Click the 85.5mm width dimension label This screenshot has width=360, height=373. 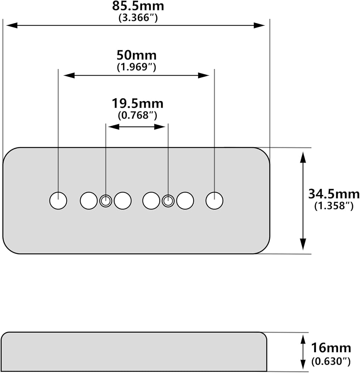138,6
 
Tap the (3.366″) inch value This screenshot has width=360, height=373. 138,18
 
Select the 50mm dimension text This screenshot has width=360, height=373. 137,55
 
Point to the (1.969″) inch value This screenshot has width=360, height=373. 137,67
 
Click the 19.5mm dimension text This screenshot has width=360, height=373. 138,104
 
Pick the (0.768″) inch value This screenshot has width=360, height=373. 138,115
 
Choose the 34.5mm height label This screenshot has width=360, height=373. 334,194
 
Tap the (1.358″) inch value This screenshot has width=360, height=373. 334,206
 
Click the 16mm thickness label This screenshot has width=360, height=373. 331,348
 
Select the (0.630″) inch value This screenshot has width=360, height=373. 331,361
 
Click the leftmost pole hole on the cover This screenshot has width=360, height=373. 58,201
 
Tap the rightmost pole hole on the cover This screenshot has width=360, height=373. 215,201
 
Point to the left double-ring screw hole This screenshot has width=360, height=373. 106,201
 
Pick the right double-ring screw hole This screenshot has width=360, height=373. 168,201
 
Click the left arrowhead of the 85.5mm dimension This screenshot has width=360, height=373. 12,25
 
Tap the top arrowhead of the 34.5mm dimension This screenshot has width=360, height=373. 303,157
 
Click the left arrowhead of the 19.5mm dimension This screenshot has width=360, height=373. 114,127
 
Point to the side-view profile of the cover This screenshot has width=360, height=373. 134,352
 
